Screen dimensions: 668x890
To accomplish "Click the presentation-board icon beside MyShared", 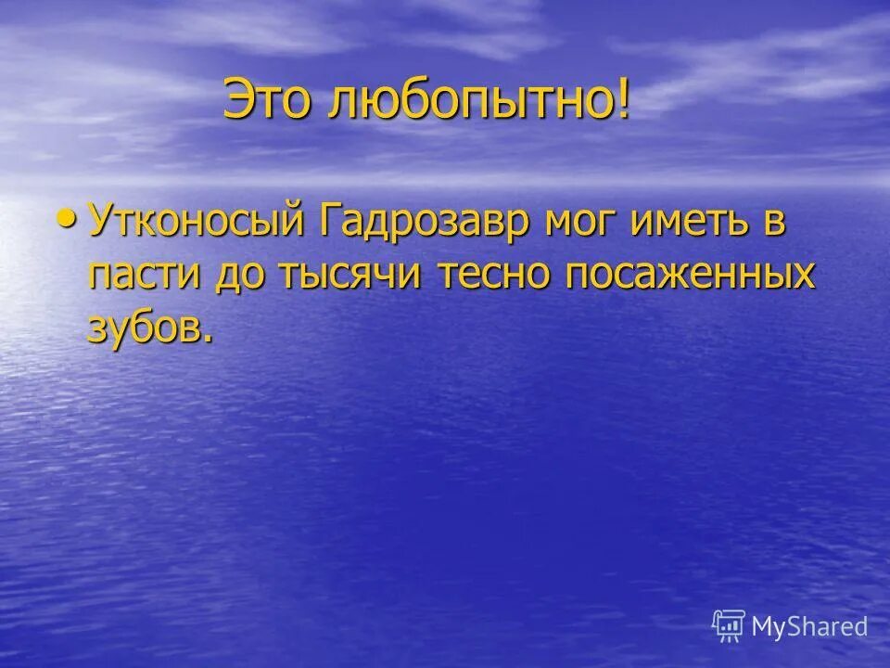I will point(730,626).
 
